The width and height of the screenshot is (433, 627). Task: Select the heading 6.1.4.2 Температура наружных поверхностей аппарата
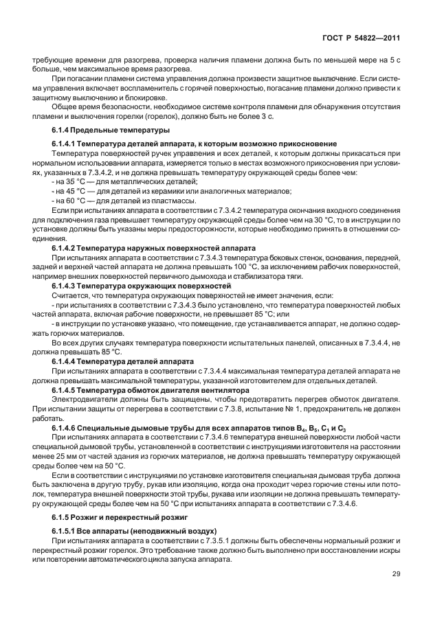[x=153, y=246]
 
